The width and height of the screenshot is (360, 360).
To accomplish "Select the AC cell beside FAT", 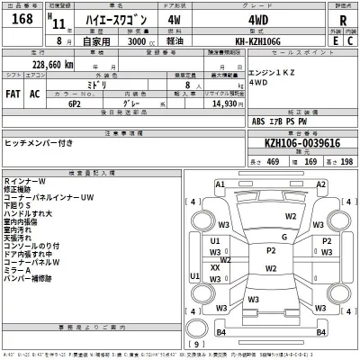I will pyautogui.click(x=34, y=94).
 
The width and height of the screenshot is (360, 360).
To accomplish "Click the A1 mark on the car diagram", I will pyautogui.click(x=220, y=184).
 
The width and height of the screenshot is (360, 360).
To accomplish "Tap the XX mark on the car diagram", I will pyautogui.click(x=215, y=267).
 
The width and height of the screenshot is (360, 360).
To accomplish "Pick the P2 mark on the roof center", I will pyautogui.click(x=270, y=250).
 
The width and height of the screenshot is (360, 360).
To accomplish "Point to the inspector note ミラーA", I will pyautogui.click(x=18, y=270).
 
